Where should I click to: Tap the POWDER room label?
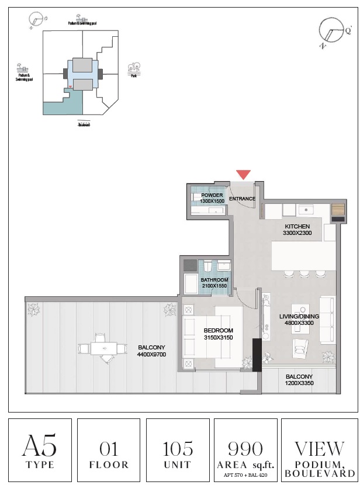pyautogui.click(x=212, y=195)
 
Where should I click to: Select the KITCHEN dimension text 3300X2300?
pyautogui.click(x=298, y=233)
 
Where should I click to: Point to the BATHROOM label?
pyautogui.click(x=214, y=280)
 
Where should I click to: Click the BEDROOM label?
pyautogui.click(x=218, y=330)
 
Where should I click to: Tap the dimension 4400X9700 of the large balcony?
pyautogui.click(x=151, y=354)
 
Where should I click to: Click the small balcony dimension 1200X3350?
pyautogui.click(x=299, y=384)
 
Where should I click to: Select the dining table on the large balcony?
pyautogui.click(x=103, y=348)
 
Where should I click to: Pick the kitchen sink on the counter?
pyautogui.click(x=306, y=209)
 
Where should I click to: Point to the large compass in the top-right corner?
pyautogui.click(x=331, y=32)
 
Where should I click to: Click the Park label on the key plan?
pyautogui.click(x=134, y=76)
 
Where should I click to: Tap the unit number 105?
pyautogui.click(x=178, y=449)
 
